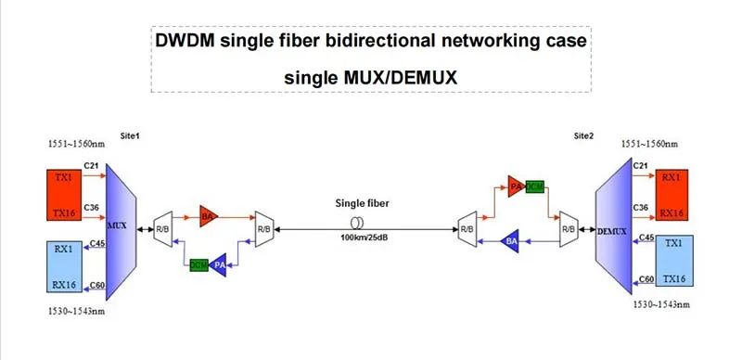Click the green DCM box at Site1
(198, 264)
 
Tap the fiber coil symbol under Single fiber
(356, 225)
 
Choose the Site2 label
(584, 136)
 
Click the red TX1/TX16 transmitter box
(62, 192)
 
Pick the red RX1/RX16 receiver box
(672, 193)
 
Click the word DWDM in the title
(185, 42)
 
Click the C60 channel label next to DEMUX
(645, 278)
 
